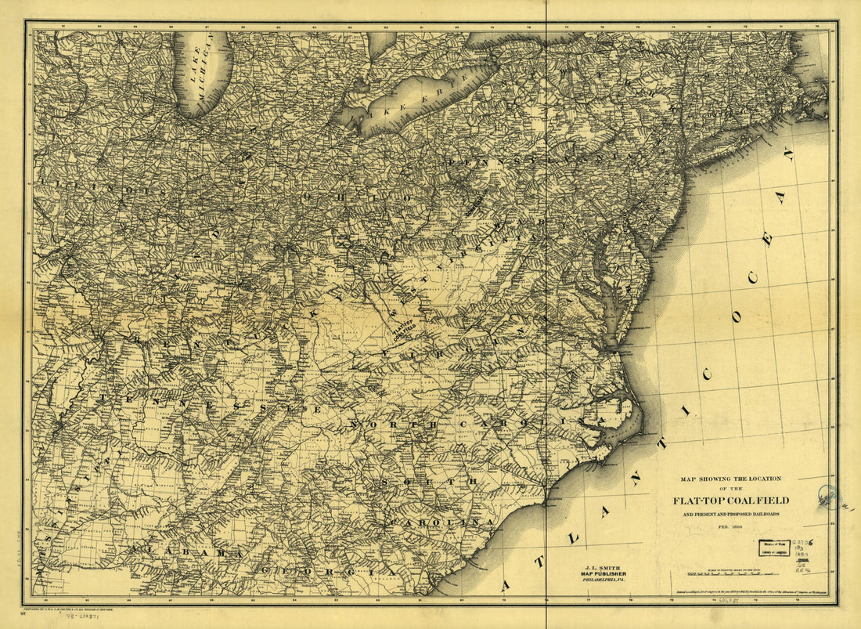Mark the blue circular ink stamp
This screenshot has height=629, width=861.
[828, 496]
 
